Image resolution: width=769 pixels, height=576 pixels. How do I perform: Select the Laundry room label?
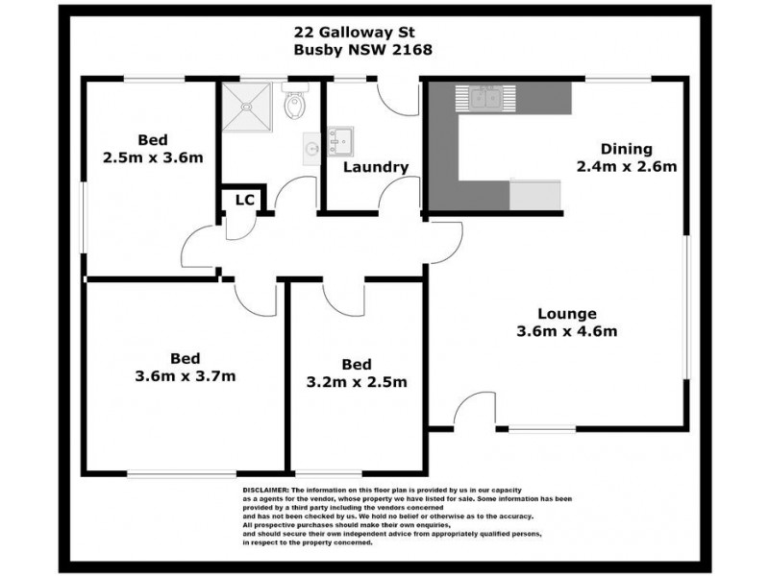click(376, 167)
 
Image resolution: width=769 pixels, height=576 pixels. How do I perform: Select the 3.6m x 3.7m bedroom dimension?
click(186, 375)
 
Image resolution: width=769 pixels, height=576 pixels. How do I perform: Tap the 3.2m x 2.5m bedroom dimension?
click(357, 381)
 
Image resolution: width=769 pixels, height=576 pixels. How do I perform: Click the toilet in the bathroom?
click(295, 100)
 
